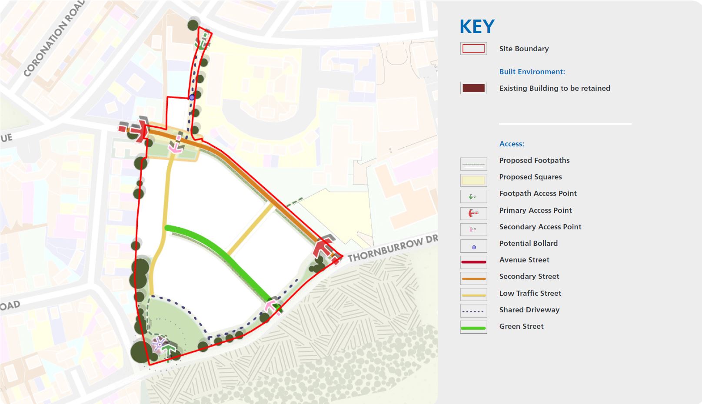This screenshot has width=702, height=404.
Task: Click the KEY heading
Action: click(x=477, y=27)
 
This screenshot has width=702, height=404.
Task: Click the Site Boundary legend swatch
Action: click(x=473, y=49)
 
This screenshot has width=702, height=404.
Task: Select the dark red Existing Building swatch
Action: click(x=473, y=88)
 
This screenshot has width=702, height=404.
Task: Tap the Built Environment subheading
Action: click(x=532, y=72)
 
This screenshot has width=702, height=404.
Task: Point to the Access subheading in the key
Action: click(x=511, y=144)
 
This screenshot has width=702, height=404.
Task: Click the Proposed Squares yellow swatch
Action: click(x=473, y=180)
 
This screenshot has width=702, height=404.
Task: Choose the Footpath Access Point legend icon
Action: click(x=473, y=196)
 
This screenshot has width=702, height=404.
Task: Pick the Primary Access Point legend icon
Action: click(x=473, y=213)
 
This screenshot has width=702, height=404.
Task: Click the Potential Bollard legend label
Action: click(x=528, y=243)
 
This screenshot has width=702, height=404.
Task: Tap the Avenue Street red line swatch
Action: click(x=473, y=262)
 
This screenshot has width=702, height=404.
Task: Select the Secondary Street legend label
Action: click(x=529, y=276)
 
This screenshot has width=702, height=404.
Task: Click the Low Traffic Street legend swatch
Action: click(x=473, y=295)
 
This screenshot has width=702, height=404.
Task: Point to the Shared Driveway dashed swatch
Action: click(x=473, y=311)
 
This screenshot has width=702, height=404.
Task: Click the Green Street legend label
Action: click(x=521, y=326)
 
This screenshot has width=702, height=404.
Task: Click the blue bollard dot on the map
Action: click(x=192, y=97)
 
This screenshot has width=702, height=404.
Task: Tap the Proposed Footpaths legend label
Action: click(x=534, y=160)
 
